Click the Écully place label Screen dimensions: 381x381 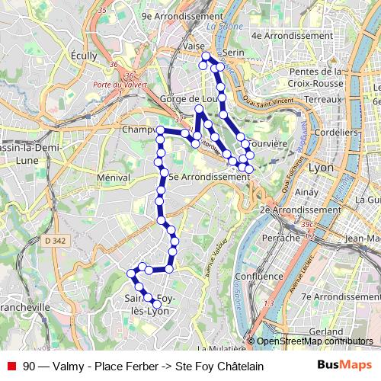83,56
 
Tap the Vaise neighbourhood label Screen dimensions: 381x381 194,46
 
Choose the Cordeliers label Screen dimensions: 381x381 336,131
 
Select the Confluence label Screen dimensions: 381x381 259,276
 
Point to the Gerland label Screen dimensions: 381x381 327,332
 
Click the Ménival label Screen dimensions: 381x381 114,177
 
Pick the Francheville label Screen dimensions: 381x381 24,306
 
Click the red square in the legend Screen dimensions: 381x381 10,366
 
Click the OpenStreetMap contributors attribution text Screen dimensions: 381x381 314,341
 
